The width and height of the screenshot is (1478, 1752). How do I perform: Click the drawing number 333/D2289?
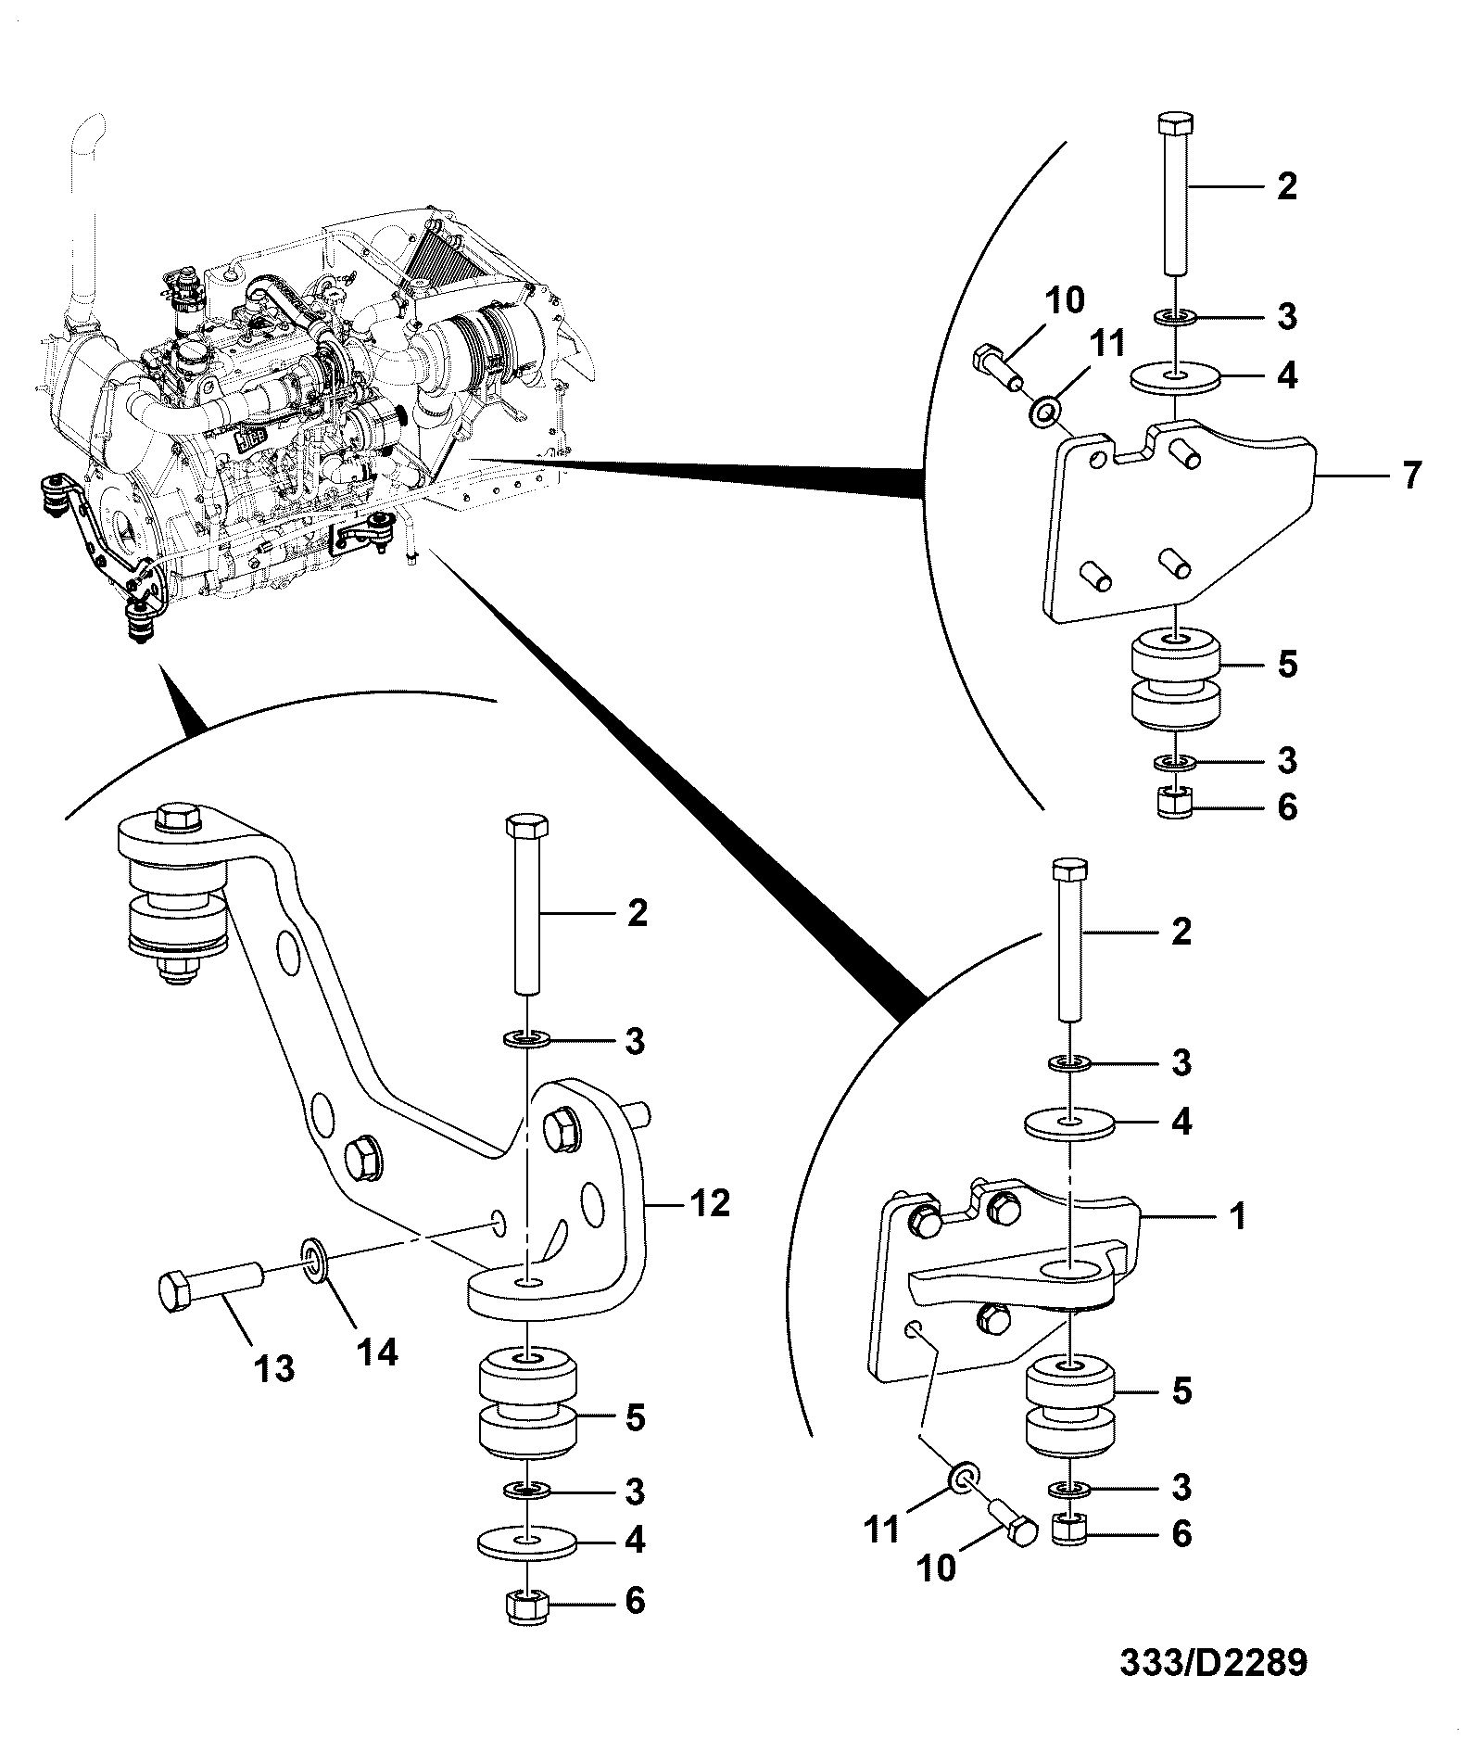tap(1213, 1662)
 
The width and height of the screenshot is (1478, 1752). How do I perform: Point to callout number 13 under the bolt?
tap(275, 1367)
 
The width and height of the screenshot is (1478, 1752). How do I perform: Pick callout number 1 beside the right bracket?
tap(1238, 1214)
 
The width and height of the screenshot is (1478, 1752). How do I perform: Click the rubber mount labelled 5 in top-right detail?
tap(1176, 679)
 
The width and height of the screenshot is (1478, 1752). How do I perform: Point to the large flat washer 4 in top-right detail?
tap(1176, 377)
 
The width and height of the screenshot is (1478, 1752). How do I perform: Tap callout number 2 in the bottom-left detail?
tap(637, 915)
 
